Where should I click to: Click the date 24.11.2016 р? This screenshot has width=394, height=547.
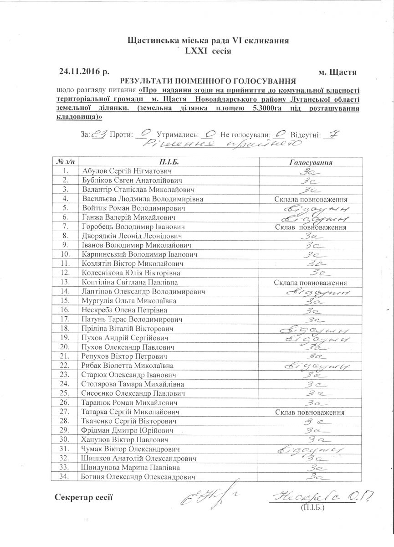[x=84, y=72]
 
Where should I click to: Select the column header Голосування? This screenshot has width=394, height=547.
[x=311, y=162]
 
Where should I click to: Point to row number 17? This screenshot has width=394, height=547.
[x=66, y=319]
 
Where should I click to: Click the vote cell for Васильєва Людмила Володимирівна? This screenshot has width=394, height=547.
[x=311, y=199]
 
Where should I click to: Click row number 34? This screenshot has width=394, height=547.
[x=66, y=477]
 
